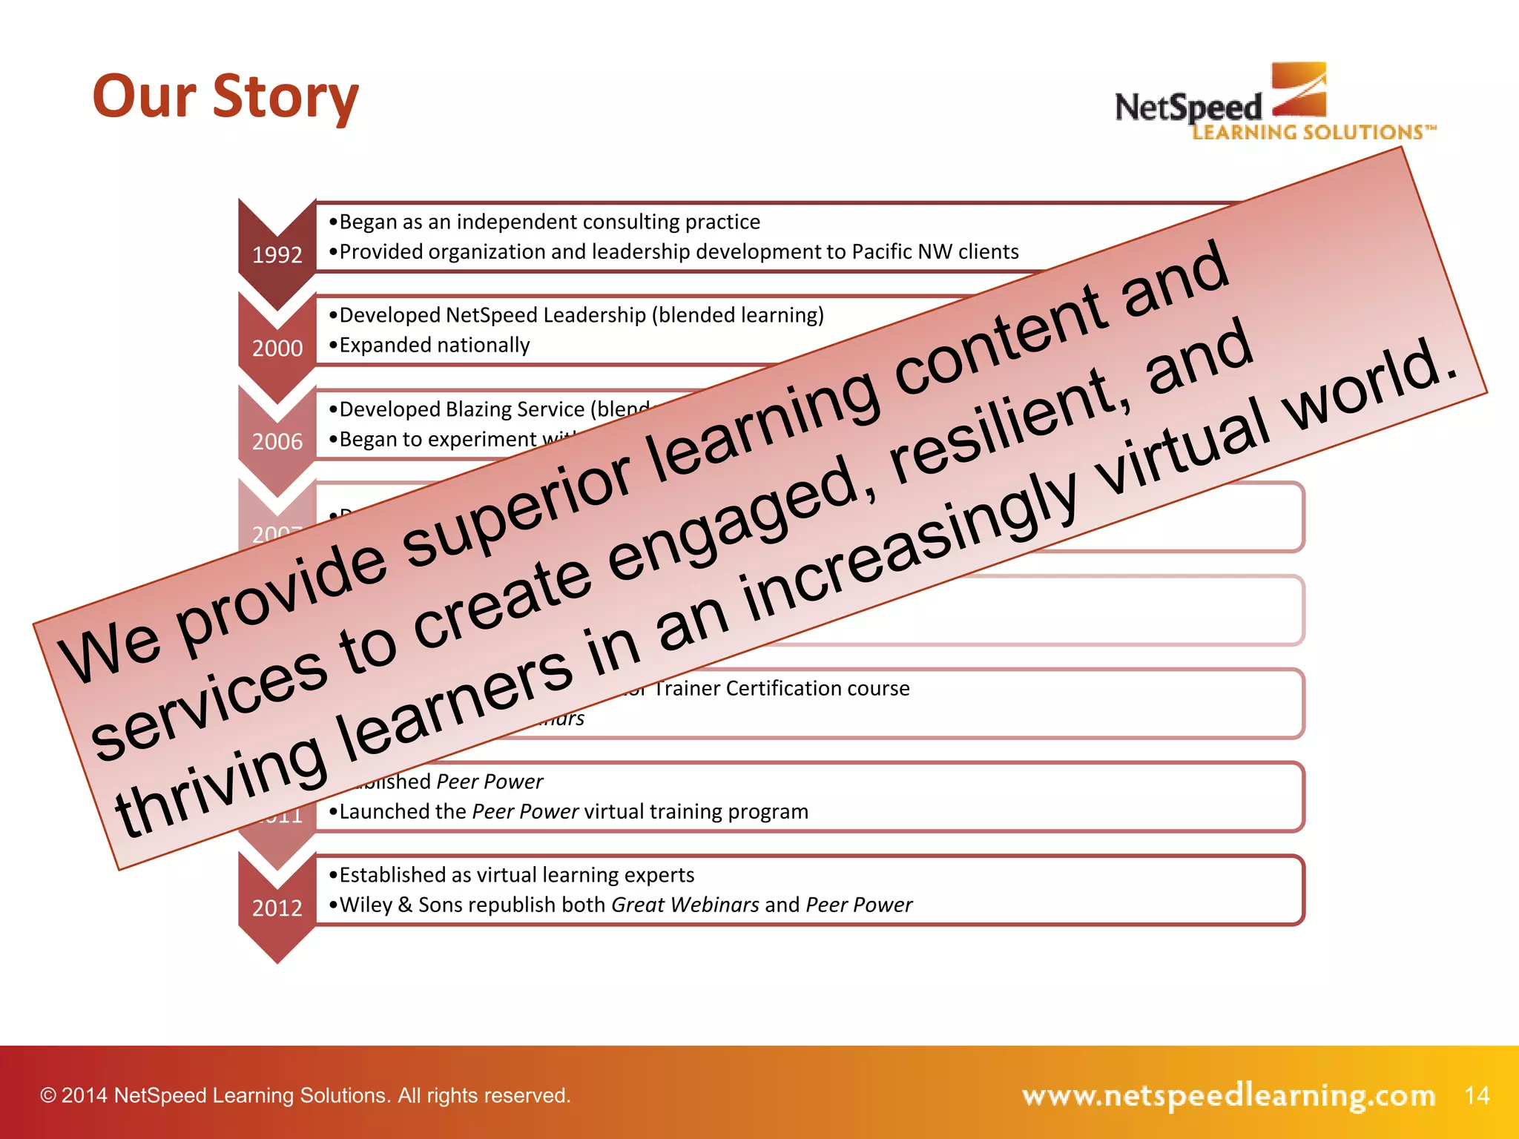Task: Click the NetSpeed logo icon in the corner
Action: (1299, 90)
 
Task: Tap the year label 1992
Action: (277, 255)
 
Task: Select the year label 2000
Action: (277, 349)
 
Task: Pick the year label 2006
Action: (277, 442)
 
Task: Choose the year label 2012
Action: (277, 908)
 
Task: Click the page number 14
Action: (1477, 1095)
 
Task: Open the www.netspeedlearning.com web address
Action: (1228, 1095)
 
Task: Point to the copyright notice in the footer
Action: (305, 1095)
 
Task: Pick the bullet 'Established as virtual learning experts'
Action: (516, 875)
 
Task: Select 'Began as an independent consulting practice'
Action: (549, 222)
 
